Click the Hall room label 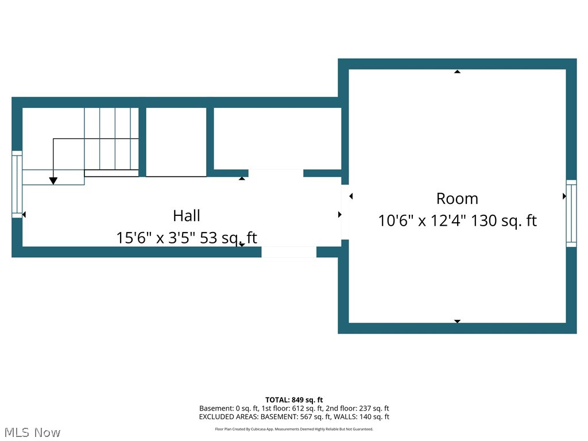click(187, 216)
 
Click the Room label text click(457, 199)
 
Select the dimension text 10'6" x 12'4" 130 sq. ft click(457, 221)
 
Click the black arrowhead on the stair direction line click(53, 181)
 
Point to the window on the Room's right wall click(571, 213)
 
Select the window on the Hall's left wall click(17, 184)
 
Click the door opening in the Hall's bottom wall click(289, 252)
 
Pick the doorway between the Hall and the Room click(345, 212)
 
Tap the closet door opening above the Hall click(276, 173)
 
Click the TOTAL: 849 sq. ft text click(294, 400)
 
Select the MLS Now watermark click(31, 432)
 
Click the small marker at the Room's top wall click(457, 72)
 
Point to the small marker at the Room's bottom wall click(457, 321)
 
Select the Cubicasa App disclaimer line click(294, 429)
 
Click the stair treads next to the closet click(111, 138)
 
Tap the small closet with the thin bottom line click(176, 141)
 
